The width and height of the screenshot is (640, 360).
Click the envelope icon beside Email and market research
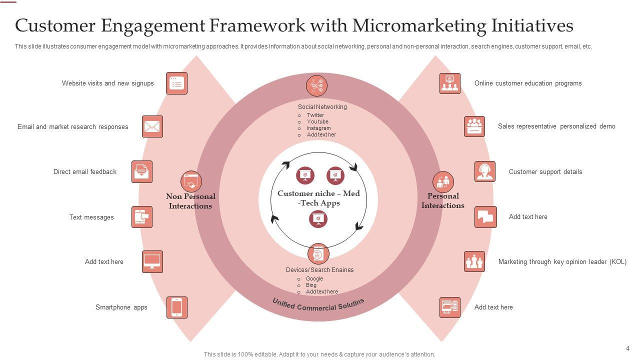pos(152,126)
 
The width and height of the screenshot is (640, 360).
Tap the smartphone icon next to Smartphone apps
pos(176,307)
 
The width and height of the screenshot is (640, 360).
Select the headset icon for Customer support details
pos(485,171)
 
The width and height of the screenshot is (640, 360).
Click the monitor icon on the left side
pos(152,261)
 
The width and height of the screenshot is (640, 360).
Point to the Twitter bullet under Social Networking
pos(315,115)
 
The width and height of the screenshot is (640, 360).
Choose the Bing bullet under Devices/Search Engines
pos(311,285)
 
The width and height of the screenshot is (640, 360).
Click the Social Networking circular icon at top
pos(316,85)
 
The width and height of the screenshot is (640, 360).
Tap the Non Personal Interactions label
pos(190,201)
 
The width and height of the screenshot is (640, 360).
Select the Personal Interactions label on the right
pos(443,200)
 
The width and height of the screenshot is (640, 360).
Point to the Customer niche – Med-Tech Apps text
pos(318,198)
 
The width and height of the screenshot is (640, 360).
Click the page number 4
pos(627,348)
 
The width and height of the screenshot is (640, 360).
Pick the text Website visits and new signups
pos(107,83)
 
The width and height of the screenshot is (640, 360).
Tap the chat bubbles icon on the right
pos(485,217)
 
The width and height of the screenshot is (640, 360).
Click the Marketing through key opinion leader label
pos(562,261)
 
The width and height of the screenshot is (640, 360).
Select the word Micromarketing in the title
pos(409,25)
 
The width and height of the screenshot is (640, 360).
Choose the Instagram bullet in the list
pos(318,128)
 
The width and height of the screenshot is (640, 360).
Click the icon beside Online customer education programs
pos(450,83)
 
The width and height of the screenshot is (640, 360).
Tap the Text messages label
pos(91,217)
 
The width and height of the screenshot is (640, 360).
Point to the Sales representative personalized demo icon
pos(474,126)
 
